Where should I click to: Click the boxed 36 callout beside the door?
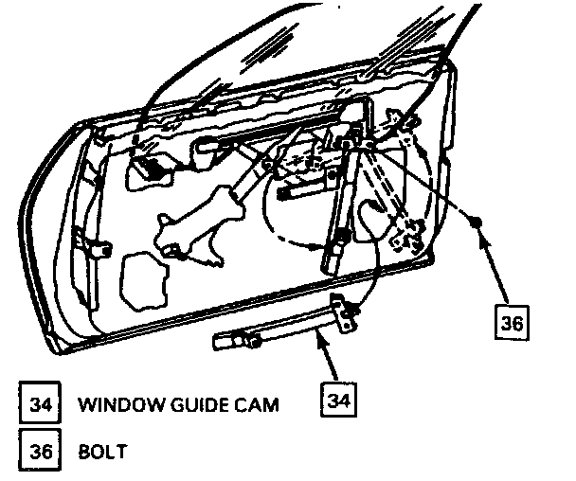click(x=512, y=322)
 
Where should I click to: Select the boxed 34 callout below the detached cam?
click(x=338, y=399)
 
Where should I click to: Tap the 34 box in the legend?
click(x=39, y=405)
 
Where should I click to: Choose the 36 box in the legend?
click(x=39, y=451)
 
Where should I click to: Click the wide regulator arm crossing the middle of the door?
click(x=204, y=215)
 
